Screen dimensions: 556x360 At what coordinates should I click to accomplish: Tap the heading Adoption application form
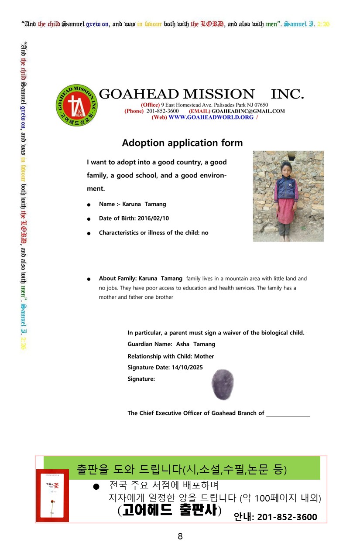coord(182,143)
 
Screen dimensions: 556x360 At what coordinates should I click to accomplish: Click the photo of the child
coord(288,196)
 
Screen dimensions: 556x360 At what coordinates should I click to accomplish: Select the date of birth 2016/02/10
coord(153,218)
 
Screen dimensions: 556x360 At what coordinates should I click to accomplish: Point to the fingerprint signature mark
coord(223,384)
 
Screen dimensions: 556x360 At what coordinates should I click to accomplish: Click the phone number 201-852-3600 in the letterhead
coord(162,111)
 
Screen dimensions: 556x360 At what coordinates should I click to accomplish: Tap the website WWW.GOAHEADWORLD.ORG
coord(211,117)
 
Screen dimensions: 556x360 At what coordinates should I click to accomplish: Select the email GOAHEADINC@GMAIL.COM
coord(248,111)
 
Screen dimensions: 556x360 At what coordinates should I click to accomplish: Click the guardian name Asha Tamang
coord(195,345)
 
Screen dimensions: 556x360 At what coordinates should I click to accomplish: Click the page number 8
coord(180,537)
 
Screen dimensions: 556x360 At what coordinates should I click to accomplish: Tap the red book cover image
coord(52,495)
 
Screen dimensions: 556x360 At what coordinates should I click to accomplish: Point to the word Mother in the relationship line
coord(204,356)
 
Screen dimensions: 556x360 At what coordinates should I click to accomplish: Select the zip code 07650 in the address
coord(261,105)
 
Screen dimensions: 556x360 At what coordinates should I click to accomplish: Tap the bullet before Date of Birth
coord(89,219)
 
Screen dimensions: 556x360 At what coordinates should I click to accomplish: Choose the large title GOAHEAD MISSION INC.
coord(201,94)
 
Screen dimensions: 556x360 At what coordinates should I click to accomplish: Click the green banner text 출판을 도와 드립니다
coord(129,469)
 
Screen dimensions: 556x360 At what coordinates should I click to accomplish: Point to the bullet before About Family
coord(89,279)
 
